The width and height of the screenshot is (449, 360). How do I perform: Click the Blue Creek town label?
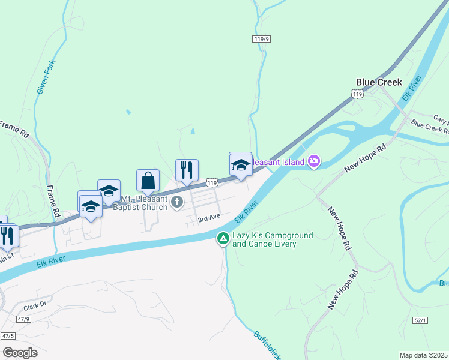point(378,82)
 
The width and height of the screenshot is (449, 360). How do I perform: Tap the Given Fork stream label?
point(46,76)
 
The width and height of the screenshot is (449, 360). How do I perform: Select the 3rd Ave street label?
point(210,218)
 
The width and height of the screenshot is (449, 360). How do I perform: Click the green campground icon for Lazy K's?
point(223,239)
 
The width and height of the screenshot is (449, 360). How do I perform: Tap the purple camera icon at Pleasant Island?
point(313,161)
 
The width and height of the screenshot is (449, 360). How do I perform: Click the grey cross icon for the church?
point(177,202)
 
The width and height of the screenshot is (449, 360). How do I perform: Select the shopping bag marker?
point(148,180)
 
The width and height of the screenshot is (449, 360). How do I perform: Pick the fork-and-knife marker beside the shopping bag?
point(187,170)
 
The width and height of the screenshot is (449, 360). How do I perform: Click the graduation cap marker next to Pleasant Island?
point(241,165)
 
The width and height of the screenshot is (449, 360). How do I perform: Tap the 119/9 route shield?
point(260,39)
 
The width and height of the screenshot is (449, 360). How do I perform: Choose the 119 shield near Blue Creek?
point(357,94)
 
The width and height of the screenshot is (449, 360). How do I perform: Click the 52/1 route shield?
point(420,321)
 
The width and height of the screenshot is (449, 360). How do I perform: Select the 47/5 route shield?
point(8,336)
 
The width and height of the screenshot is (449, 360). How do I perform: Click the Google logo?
point(20,353)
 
